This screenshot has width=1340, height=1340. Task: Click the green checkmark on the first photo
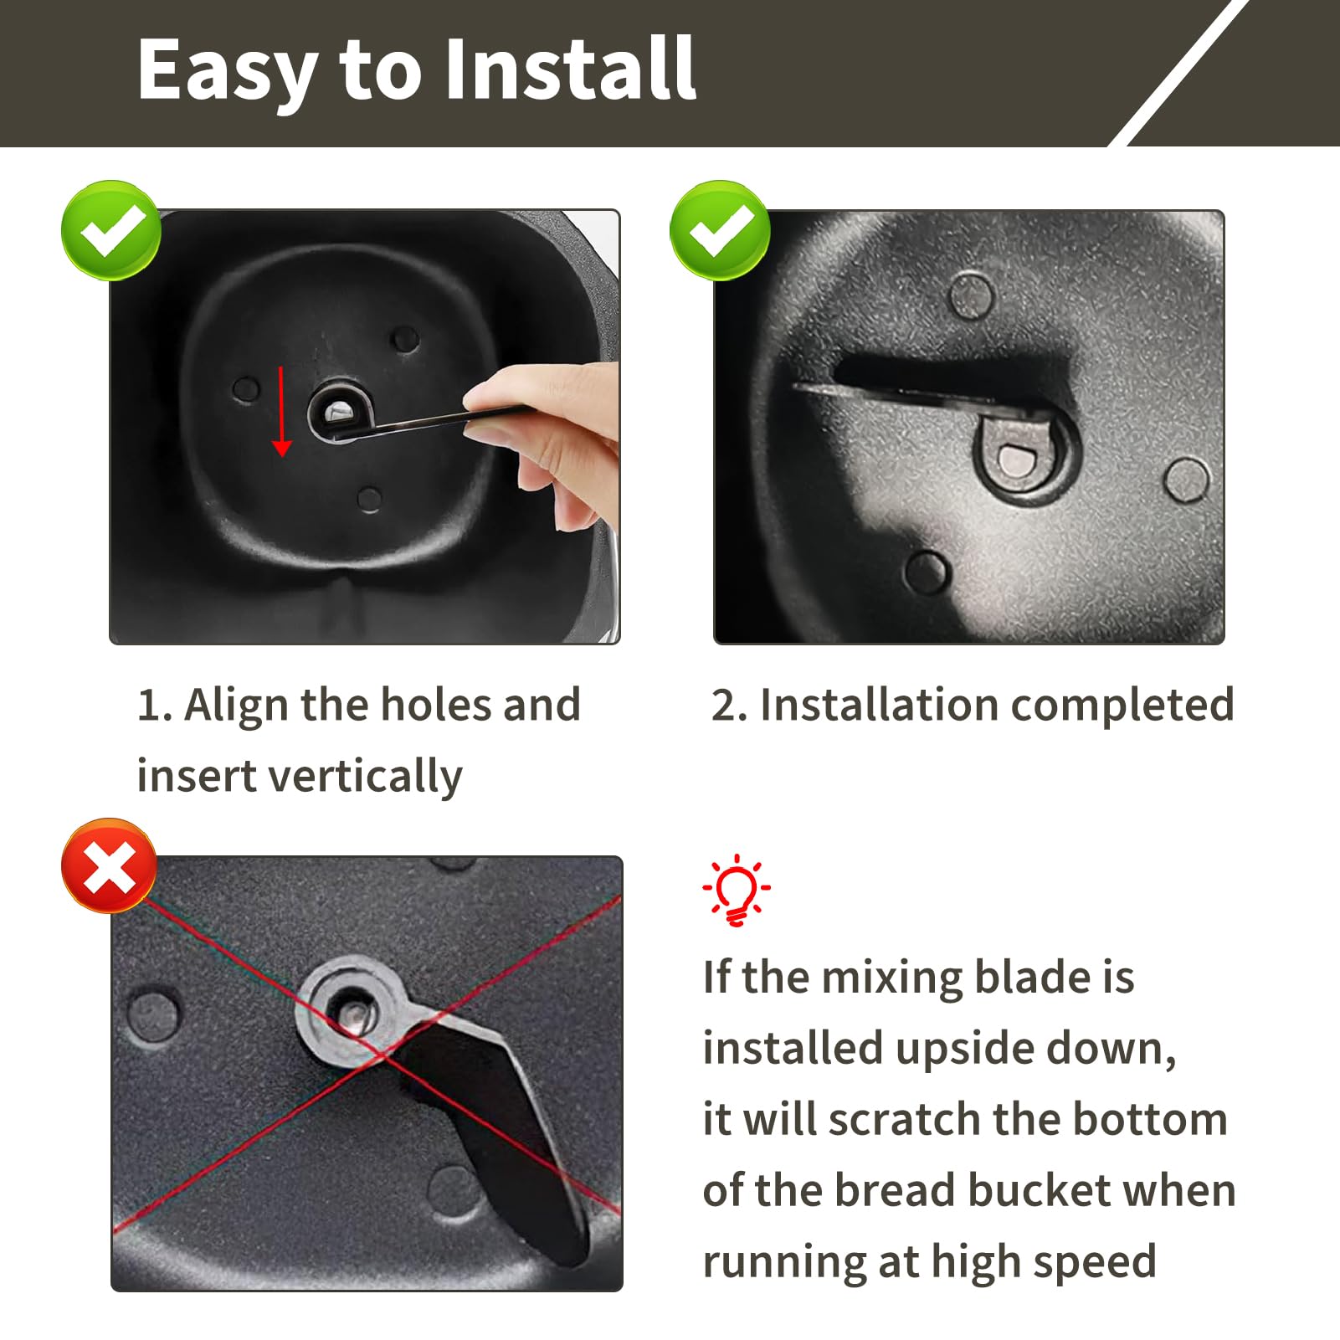[111, 230]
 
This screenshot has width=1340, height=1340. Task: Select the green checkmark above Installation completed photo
[720, 230]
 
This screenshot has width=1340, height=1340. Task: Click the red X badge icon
[109, 865]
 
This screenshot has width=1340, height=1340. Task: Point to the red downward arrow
[281, 411]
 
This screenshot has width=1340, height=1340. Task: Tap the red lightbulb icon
[737, 890]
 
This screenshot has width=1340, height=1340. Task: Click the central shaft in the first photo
[340, 411]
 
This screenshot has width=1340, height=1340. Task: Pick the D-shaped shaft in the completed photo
[1015, 461]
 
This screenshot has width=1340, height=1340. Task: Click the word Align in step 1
[237, 706]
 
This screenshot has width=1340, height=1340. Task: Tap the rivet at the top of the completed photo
[972, 295]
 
